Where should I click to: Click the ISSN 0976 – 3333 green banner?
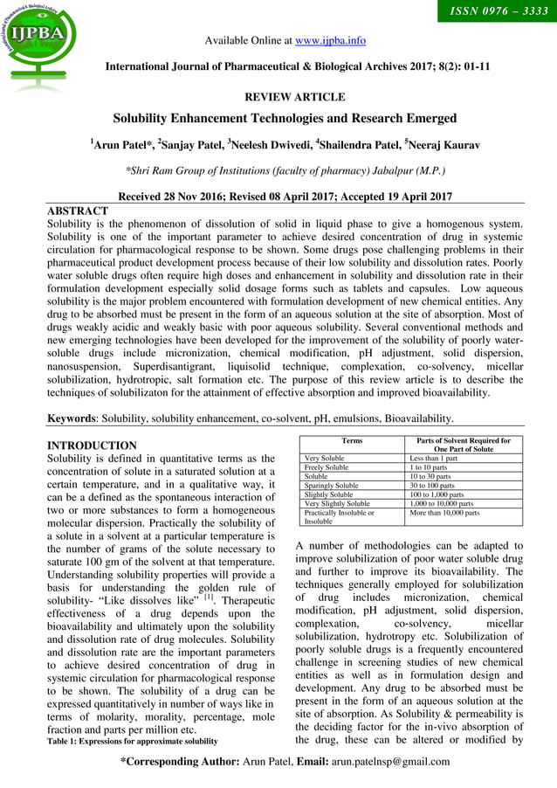coord(492,12)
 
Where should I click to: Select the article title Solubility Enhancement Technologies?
coord(285,118)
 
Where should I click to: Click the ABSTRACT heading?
coord(77,211)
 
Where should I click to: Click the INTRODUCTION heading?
coord(92,446)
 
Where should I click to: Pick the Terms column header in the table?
coord(352,441)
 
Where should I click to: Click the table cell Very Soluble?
coord(323,458)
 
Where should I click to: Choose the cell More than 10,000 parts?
coord(444,513)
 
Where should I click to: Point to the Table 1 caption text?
coord(132,742)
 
